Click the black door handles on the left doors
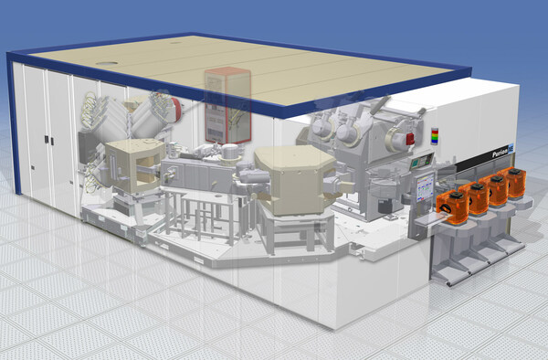[x=46, y=140]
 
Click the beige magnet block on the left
[x=132, y=164]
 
